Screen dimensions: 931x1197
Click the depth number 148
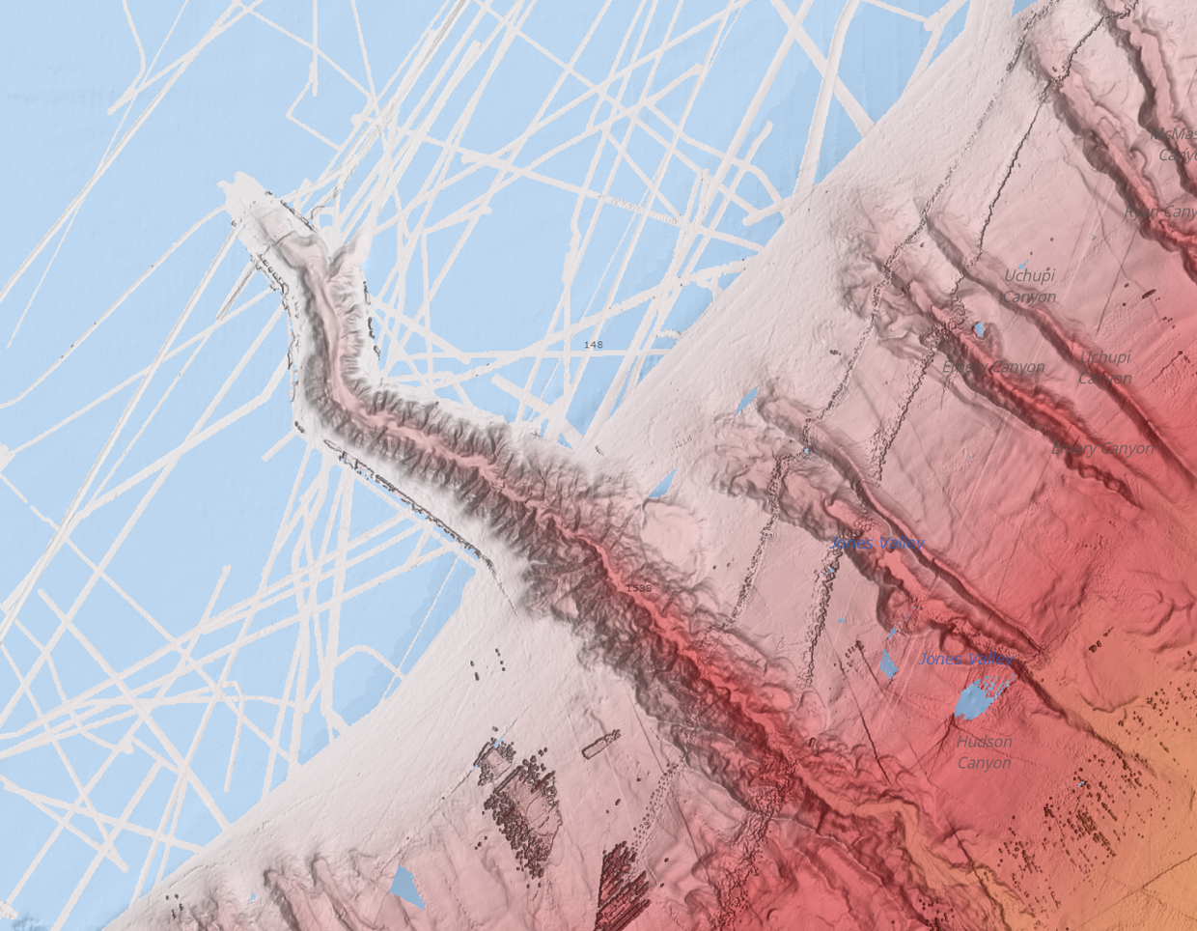pyautogui.click(x=594, y=345)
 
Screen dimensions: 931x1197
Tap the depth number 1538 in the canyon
pyautogui.click(x=639, y=587)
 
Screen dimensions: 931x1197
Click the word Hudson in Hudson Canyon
pyautogui.click(x=985, y=742)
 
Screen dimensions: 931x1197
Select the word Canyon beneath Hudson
pyautogui.click(x=985, y=763)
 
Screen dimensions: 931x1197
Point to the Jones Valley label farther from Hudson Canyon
pyautogui.click(x=877, y=544)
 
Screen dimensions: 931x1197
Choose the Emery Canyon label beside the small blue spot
pyautogui.click(x=993, y=368)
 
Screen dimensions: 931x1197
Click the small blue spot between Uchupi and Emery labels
pyautogui.click(x=979, y=330)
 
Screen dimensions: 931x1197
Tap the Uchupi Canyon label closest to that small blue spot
pyautogui.click(x=1029, y=286)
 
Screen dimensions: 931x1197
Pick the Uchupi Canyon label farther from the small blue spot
pyautogui.click(x=1105, y=367)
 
